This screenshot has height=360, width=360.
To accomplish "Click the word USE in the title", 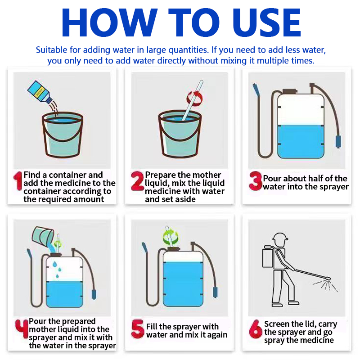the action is pyautogui.click(x=266, y=22).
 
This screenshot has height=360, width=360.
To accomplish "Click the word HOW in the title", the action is pyautogui.click(x=109, y=22).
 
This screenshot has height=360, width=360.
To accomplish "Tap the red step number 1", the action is pyautogui.click(x=18, y=181).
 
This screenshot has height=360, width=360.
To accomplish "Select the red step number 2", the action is pyautogui.click(x=137, y=181).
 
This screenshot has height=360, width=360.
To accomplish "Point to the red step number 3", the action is pyautogui.click(x=256, y=181).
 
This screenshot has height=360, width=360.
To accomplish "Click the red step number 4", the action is pyautogui.click(x=22, y=329).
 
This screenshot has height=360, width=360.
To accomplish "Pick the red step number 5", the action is pyautogui.click(x=138, y=329).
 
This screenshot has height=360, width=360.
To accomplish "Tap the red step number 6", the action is pyautogui.click(x=256, y=329).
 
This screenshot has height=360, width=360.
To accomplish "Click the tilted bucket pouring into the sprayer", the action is pyautogui.click(x=43, y=236).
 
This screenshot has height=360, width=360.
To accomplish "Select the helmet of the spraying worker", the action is pyautogui.click(x=280, y=238).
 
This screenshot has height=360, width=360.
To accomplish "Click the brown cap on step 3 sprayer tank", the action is pyautogui.click(x=290, y=91).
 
